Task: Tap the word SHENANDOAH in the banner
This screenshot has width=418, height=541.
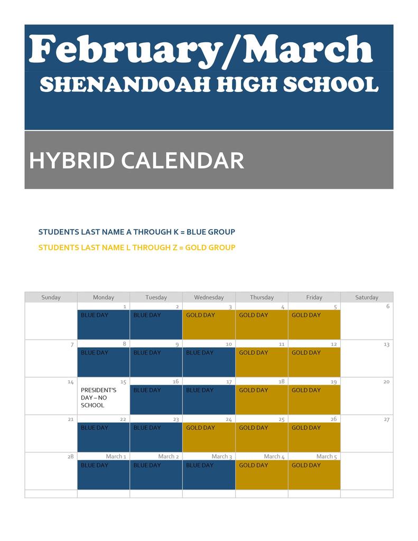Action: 125,85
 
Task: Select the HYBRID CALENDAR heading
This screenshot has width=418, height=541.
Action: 137,161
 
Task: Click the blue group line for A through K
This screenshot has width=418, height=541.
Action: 137,232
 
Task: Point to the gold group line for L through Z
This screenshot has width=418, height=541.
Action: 137,247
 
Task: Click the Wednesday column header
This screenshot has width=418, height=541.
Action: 209,297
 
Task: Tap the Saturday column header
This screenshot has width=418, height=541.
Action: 367,297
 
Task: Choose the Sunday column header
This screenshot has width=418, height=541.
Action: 51,297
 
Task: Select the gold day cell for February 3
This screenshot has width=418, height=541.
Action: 209,325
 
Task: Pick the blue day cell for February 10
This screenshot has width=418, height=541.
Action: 209,362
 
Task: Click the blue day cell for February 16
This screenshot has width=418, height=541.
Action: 156,400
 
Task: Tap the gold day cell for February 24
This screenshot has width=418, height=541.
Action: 209,437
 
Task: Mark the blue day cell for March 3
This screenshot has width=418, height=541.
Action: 209,475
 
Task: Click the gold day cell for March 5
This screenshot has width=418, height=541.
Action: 314,475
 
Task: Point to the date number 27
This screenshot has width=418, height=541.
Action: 387,419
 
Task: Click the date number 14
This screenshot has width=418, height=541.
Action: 71,382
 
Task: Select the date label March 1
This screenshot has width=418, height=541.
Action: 116,456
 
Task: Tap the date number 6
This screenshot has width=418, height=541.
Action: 388,306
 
